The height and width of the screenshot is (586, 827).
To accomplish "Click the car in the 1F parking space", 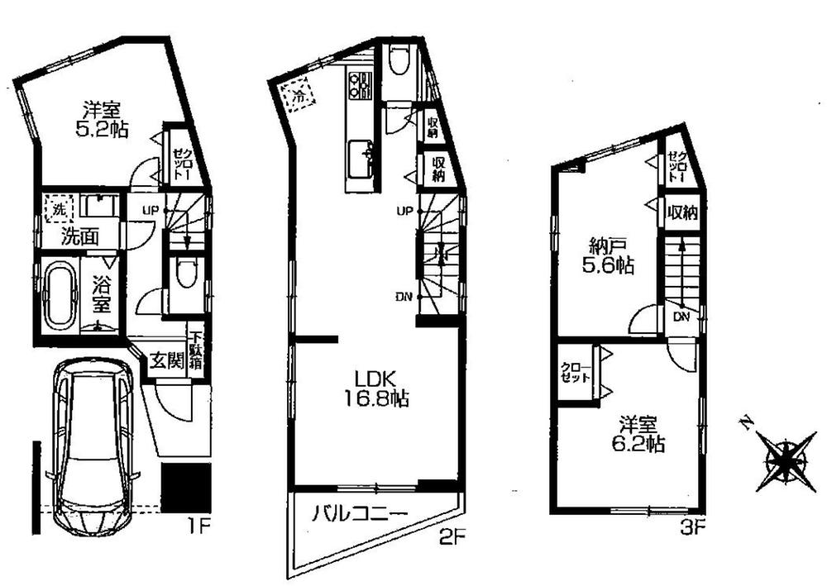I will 92,446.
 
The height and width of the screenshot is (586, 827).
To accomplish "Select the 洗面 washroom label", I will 81,236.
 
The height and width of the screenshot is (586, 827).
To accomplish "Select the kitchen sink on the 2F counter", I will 361,155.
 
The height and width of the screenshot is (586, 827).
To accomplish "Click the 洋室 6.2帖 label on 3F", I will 642,434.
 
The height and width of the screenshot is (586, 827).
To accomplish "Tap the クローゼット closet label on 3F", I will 579,373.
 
